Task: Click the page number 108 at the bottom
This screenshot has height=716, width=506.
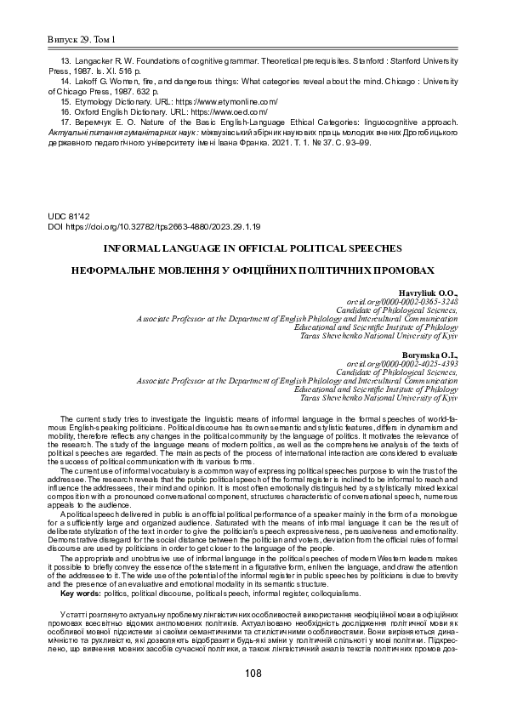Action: point(253,673)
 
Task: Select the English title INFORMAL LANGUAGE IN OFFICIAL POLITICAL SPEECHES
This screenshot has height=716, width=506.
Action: point(253,249)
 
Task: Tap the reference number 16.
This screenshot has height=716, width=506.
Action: point(66,111)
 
